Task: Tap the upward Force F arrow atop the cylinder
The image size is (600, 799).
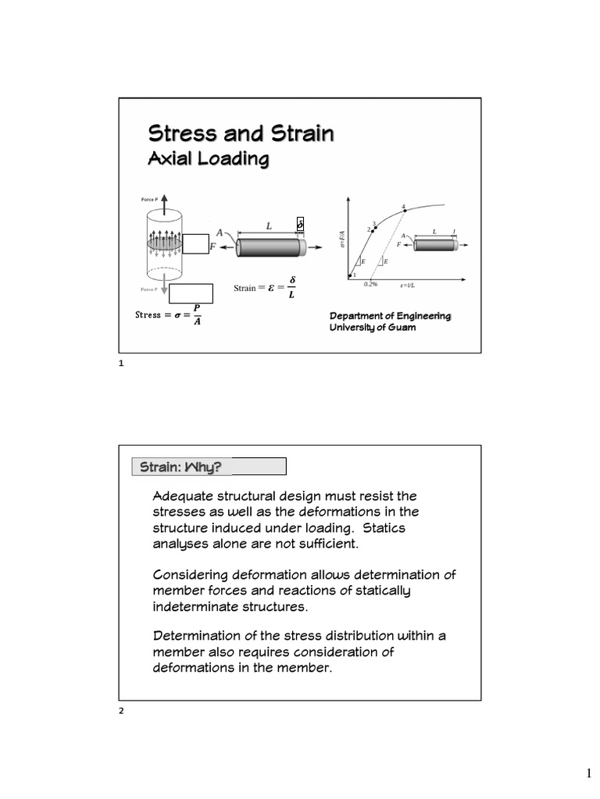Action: [164, 204]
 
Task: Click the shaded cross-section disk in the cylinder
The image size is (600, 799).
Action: [164, 244]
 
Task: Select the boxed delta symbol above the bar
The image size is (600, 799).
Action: [301, 225]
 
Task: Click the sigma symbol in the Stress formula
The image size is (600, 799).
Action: [178, 315]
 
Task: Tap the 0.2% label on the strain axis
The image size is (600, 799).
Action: [370, 285]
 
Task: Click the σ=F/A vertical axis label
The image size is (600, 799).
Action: [342, 239]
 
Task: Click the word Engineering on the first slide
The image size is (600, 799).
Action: [418, 315]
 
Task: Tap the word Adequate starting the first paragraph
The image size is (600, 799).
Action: [184, 496]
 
